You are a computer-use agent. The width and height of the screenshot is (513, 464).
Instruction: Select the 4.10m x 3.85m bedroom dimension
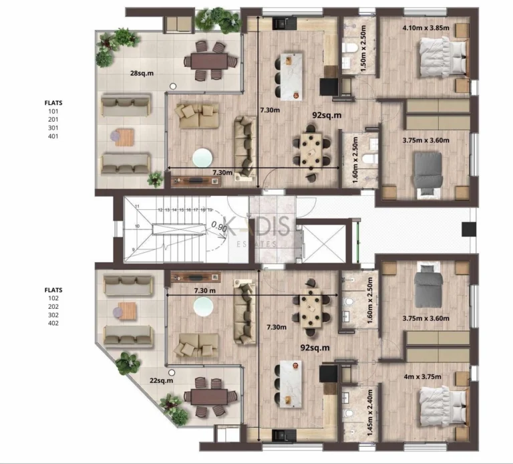[x=425, y=28]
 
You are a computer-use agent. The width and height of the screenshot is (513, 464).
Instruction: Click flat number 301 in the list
[x=53, y=128]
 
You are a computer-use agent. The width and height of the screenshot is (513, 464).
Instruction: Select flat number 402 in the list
[x=53, y=323]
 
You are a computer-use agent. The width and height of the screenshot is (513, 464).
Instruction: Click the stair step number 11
[x=136, y=207]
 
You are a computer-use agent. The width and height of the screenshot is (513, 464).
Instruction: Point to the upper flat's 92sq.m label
[x=327, y=114]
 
